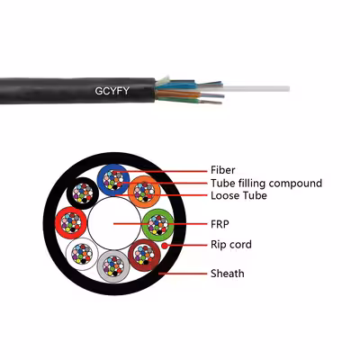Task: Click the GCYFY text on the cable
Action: coord(112,91)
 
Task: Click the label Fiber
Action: coord(222,170)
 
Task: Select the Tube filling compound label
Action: coord(266,184)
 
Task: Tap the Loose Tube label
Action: coord(238,195)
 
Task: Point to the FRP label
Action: coord(220,224)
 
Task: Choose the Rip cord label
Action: coord(231,245)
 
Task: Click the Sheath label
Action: coord(227,274)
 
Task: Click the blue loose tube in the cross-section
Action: coord(100,180)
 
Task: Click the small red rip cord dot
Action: coord(165,246)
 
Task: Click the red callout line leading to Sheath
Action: coord(183,274)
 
